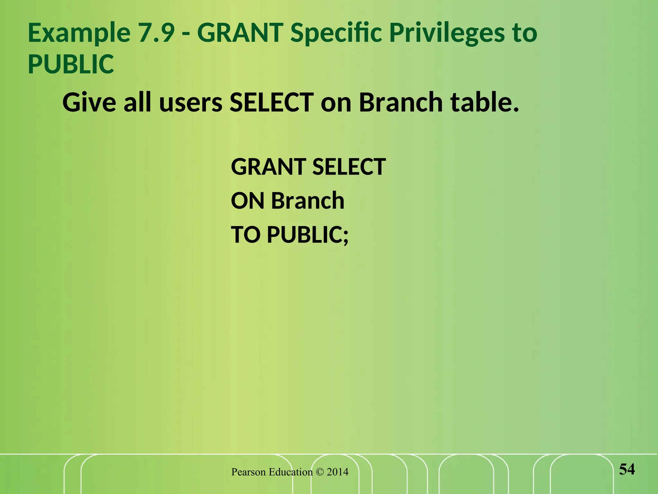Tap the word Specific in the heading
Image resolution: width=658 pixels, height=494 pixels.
tap(336, 33)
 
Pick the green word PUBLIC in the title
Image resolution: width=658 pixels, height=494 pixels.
tap(71, 64)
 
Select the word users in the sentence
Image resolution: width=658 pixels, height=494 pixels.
tap(191, 102)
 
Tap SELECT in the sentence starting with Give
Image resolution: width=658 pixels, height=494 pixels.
tap(271, 102)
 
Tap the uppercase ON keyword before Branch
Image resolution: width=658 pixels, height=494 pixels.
tap(248, 201)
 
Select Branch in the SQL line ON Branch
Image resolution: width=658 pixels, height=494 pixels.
tap(308, 201)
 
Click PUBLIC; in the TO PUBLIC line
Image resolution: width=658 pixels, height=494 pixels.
tap(308, 235)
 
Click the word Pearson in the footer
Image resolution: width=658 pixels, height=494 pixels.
tap(248, 472)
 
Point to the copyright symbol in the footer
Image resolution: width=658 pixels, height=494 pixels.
tap(320, 472)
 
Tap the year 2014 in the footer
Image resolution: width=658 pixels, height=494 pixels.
tap(337, 472)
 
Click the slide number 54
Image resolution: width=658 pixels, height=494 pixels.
tap(627, 469)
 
